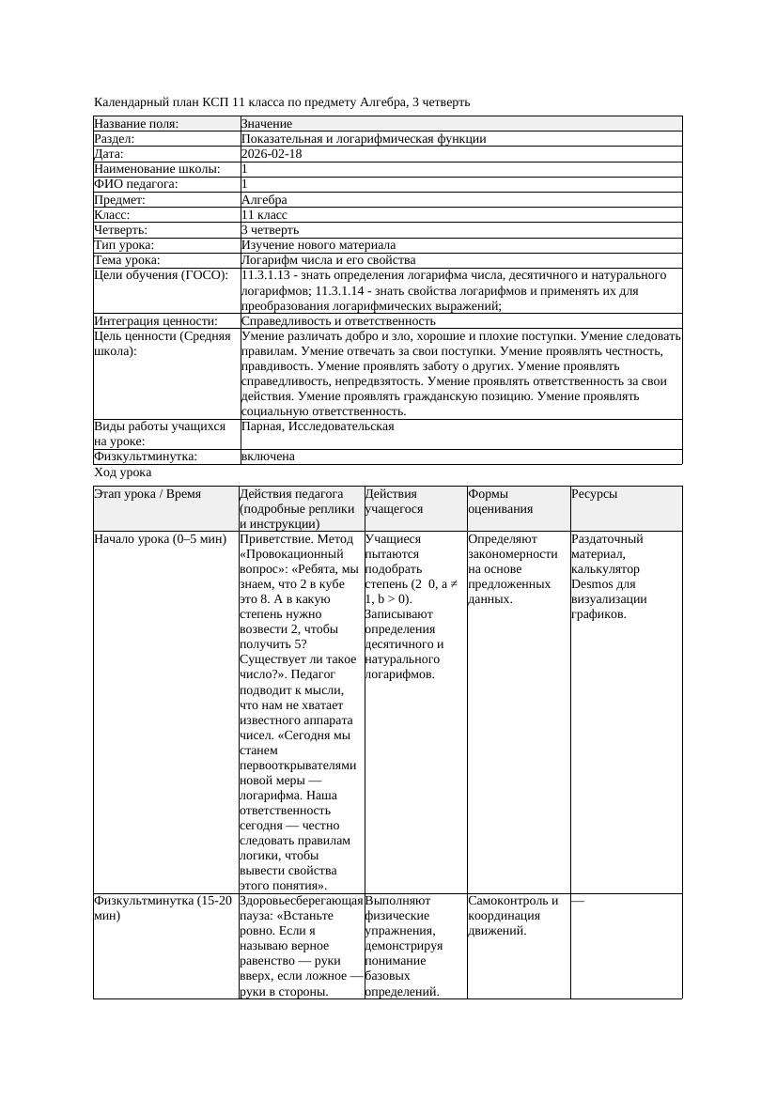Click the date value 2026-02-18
point(272,154)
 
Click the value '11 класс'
point(264,214)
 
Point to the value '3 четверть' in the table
point(270,229)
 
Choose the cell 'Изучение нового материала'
point(319,244)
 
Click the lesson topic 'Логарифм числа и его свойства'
point(328,259)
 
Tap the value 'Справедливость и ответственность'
point(338,320)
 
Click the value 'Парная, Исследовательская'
point(318,426)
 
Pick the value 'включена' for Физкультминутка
point(268,457)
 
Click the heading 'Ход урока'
point(123,473)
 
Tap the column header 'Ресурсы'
point(595,493)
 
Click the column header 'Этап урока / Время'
point(148,493)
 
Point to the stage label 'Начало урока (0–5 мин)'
point(160,539)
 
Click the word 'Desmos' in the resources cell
point(592,584)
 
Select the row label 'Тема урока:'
point(128,259)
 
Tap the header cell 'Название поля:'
point(136,124)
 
